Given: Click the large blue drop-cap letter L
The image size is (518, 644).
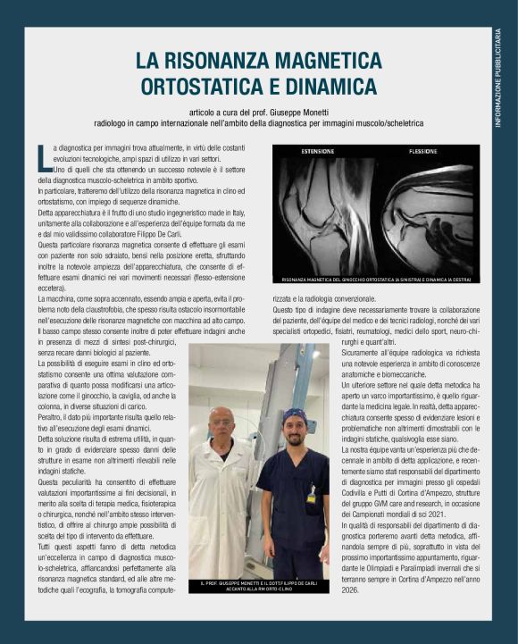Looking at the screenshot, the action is (45, 156).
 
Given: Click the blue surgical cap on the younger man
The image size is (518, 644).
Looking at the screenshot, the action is (295, 416).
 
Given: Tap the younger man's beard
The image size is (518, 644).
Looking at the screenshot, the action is (295, 442).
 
